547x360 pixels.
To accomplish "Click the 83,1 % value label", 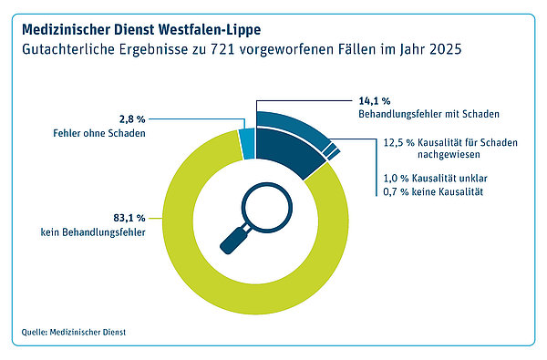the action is [x=129, y=218].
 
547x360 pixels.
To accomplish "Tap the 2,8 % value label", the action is [x=132, y=119].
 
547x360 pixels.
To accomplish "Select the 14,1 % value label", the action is [x=375, y=101].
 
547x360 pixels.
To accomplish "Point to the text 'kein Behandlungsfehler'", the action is [x=93, y=232].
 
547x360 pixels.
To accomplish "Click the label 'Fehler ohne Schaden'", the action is [x=99, y=133].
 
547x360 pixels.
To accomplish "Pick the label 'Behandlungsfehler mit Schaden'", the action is [x=428, y=114].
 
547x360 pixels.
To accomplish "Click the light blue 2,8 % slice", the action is [x=247, y=144].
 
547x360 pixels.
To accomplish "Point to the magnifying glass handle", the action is [x=234, y=240].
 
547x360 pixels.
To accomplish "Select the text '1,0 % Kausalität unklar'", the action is [x=435, y=179].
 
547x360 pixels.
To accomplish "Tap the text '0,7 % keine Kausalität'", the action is [x=433, y=191].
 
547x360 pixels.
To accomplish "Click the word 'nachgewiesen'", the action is [x=449, y=154].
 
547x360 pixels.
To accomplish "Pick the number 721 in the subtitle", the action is [x=222, y=49].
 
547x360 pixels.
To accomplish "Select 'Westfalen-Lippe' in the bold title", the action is [x=208, y=30].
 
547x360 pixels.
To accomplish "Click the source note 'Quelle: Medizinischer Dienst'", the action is [x=74, y=332].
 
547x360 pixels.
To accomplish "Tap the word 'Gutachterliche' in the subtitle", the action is [x=68, y=49].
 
